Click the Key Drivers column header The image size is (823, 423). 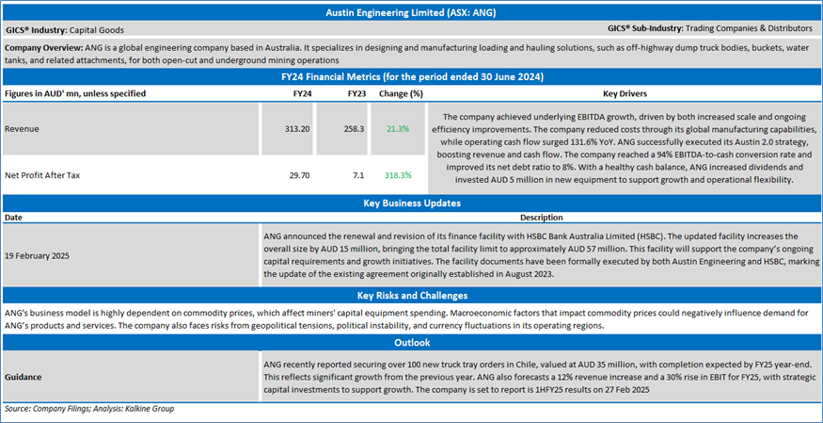pyautogui.click(x=625, y=94)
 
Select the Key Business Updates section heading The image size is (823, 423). pyautogui.click(x=412, y=203)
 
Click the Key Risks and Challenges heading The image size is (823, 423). pyautogui.click(x=412, y=296)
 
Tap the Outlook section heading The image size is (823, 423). pyautogui.click(x=412, y=343)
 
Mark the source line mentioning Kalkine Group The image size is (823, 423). pyautogui.click(x=89, y=410)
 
